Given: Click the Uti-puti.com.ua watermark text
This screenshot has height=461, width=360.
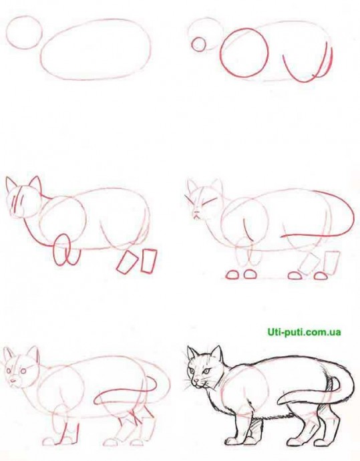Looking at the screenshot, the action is (304, 332).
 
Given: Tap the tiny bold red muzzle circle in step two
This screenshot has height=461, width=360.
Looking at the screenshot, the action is (199, 44).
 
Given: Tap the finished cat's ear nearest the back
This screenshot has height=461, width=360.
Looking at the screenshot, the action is (216, 353).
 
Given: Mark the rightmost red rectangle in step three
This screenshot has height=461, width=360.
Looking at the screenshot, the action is (149, 261).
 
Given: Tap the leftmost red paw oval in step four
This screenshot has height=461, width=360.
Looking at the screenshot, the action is (232, 275).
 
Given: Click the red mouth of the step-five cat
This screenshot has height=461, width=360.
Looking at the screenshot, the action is (13, 381).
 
